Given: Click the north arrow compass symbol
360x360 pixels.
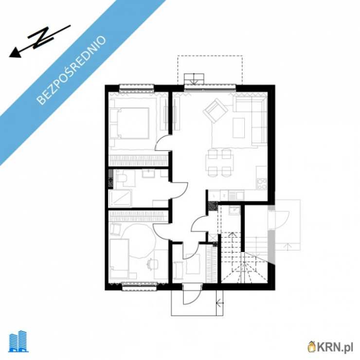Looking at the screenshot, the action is click(x=39, y=41).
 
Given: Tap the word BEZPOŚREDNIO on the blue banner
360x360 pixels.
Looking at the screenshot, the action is click(x=71, y=70).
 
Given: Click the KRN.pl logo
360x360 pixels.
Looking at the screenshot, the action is click(x=330, y=347).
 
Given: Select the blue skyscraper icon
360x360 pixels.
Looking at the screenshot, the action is click(x=18, y=342).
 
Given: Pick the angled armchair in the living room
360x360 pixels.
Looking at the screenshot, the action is click(x=216, y=111).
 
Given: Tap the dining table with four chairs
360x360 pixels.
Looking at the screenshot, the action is click(x=220, y=163).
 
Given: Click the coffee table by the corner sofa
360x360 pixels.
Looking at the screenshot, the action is click(x=239, y=127).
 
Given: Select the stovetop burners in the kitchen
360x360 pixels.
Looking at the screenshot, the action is click(x=262, y=184).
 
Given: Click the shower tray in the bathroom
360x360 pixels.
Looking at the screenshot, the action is click(x=120, y=198).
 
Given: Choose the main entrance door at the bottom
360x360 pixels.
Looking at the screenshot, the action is click(x=192, y=294).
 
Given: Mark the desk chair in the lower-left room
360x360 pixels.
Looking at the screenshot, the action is click(x=152, y=264).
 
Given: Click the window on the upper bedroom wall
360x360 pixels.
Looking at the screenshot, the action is click(x=137, y=89).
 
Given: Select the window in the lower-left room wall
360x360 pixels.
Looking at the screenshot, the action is click(x=139, y=287).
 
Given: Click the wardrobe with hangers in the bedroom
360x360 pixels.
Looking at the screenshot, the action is click(x=138, y=160).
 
